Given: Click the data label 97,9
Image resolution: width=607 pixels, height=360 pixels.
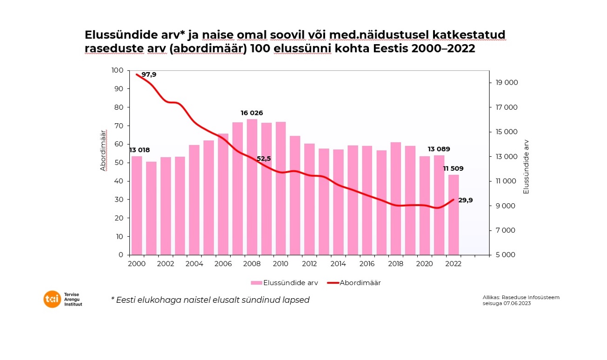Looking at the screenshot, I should click(x=149, y=74).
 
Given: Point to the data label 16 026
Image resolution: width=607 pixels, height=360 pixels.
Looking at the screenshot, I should click(x=252, y=113).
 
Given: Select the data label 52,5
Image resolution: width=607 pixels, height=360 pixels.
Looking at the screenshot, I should click(x=264, y=159).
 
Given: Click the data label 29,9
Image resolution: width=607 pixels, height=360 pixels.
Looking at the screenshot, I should click(x=466, y=200).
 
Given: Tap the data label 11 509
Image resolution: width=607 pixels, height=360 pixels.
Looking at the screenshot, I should click(x=453, y=168).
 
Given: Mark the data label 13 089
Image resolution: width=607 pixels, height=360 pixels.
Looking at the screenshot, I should click(x=439, y=149).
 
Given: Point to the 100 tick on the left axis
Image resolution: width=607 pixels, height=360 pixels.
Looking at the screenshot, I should click(x=118, y=70).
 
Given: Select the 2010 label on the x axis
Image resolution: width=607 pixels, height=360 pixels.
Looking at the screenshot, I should click(x=280, y=263).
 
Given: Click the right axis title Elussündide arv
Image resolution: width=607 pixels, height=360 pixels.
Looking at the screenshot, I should click(x=526, y=167).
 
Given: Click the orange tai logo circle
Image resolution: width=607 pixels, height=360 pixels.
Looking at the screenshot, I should click(x=52, y=299).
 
